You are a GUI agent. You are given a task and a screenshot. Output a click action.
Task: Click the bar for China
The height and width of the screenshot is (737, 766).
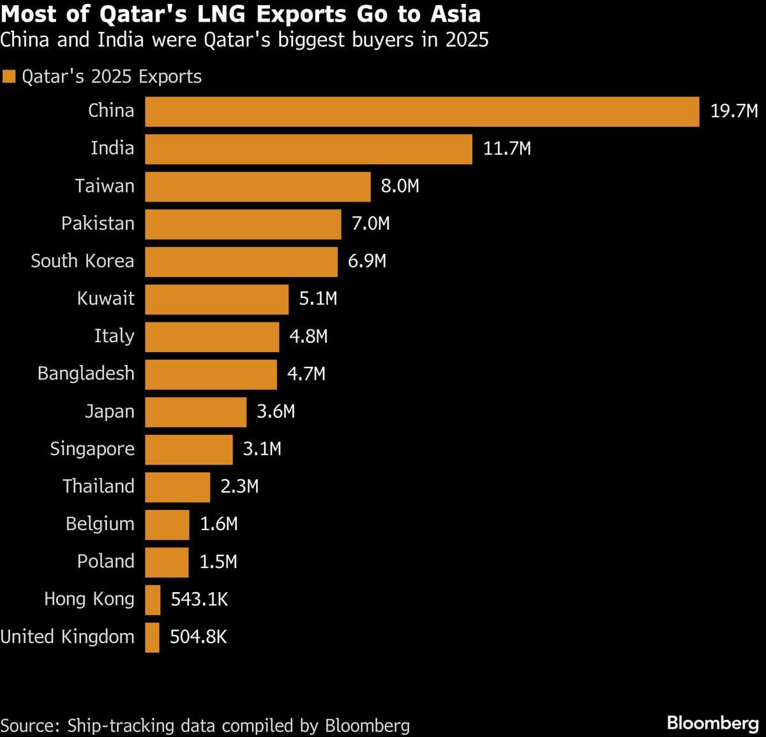pos(421,112)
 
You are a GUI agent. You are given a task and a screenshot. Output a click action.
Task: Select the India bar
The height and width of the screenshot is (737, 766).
pos(308,149)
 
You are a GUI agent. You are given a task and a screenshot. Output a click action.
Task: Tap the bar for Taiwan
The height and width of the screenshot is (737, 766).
pos(257,186)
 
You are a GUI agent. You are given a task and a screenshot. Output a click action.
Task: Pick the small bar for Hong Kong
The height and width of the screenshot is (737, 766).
pos(153,600)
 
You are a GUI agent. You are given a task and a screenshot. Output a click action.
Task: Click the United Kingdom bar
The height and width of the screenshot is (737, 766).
pos(152,637)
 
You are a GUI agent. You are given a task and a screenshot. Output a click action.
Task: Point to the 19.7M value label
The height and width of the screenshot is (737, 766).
pos(734,112)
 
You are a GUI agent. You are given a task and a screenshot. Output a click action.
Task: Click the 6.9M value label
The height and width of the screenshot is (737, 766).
pos(367,262)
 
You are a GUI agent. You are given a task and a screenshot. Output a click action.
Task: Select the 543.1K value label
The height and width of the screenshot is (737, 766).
pos(199,600)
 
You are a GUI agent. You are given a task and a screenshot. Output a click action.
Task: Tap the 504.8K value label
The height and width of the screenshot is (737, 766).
pos(199,637)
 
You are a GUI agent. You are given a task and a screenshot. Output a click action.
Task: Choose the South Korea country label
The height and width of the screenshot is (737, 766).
pos(82,262)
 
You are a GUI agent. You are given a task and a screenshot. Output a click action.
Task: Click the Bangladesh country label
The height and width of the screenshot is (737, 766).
pos(86,374)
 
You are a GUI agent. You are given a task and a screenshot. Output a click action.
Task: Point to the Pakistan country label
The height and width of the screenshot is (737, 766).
pos(98,224)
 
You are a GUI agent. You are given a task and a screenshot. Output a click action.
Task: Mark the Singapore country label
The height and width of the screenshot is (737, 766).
pos(92,449)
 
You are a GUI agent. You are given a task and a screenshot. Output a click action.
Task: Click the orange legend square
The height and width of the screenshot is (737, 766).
pos(8,77)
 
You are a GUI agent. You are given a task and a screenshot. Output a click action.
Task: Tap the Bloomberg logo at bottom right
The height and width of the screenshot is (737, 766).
pos(712,723)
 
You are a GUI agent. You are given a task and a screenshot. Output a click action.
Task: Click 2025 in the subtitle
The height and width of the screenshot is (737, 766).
pos(467,40)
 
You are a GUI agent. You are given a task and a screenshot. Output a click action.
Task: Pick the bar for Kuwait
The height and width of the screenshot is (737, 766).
pos(216,299)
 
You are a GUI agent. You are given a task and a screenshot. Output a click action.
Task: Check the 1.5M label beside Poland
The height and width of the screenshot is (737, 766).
pos(218,562)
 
